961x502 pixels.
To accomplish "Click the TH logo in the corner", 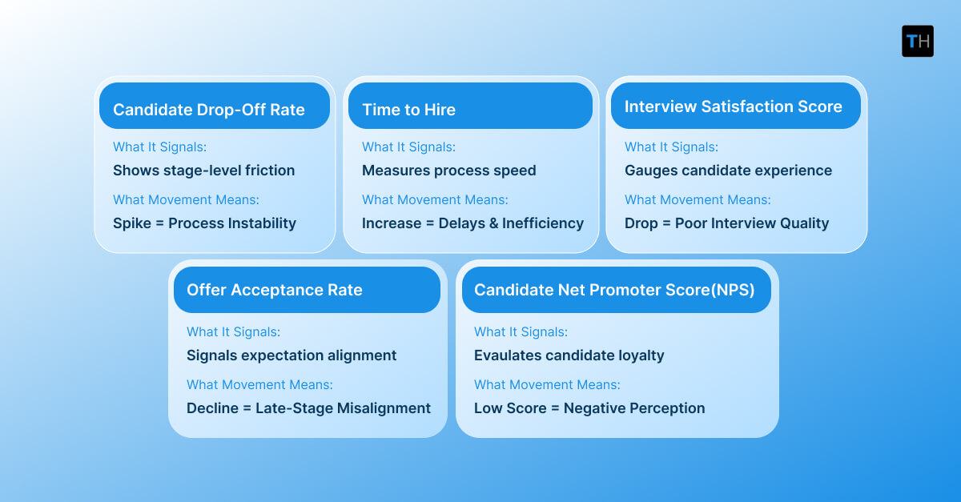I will click(x=917, y=41).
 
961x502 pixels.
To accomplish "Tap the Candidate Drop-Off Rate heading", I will click(x=209, y=110).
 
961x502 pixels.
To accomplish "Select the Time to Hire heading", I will click(x=408, y=110).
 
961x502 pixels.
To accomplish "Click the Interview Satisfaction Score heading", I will click(x=733, y=106).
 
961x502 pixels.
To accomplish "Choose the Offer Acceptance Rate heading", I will click(x=275, y=290).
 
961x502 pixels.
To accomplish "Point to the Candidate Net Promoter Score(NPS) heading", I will click(x=614, y=290).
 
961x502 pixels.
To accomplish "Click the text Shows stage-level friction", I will click(x=203, y=171).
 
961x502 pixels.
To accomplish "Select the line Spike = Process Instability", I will click(x=204, y=223).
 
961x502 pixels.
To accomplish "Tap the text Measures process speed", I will click(x=448, y=171).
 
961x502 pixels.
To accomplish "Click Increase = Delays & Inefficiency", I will click(x=472, y=223).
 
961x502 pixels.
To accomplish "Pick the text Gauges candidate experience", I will click(x=728, y=171).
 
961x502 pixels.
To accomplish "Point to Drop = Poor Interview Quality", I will click(x=726, y=223).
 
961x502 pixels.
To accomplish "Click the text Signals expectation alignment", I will click(x=292, y=355).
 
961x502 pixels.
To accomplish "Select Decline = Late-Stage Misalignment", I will click(x=308, y=408).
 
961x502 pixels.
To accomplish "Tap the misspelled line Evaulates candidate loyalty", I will click(x=569, y=355).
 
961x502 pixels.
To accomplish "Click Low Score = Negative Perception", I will click(x=589, y=408).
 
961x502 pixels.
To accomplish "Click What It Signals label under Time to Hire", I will click(x=408, y=147).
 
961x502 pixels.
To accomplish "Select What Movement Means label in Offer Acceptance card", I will click(x=259, y=385).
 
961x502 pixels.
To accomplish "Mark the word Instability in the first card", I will click(x=260, y=223).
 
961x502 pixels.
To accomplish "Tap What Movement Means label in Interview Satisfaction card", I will click(x=698, y=200).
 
